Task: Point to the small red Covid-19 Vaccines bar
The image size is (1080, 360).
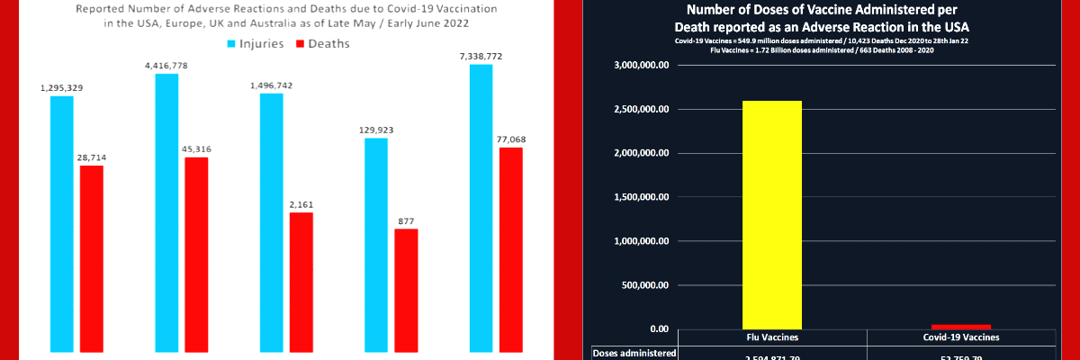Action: [x=961, y=326]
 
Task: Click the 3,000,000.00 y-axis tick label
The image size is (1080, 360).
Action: [x=641, y=66]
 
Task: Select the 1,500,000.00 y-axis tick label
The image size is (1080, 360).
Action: [x=641, y=197]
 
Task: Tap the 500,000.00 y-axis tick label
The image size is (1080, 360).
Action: [x=644, y=285]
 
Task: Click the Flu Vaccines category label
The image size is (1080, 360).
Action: [x=771, y=337]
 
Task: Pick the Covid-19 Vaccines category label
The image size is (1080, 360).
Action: [x=961, y=337]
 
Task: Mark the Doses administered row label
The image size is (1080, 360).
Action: [x=634, y=354]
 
